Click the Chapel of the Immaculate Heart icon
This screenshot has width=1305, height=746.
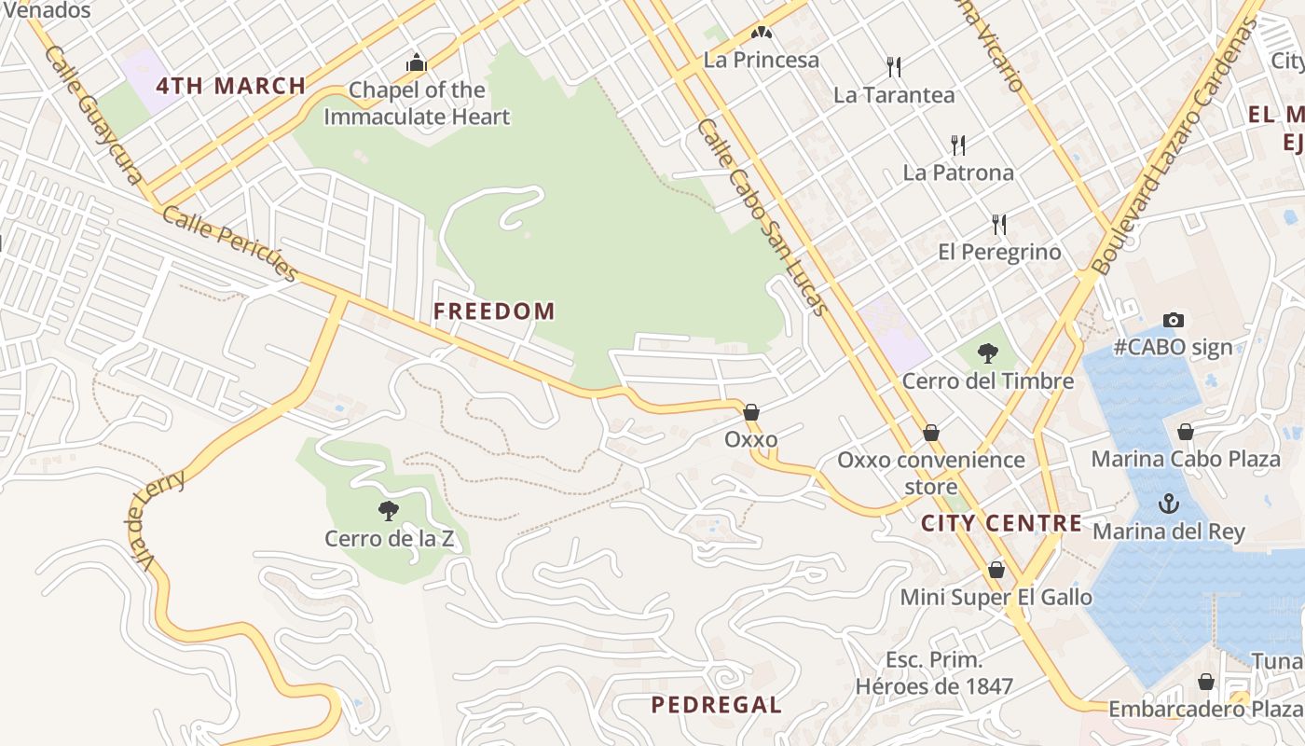coord(416,63)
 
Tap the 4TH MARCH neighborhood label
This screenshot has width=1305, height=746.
coord(231,86)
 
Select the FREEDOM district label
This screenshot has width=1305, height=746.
coord(494,311)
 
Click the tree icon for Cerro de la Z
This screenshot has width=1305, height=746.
coord(389,510)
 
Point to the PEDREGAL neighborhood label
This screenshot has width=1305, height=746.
coord(716,705)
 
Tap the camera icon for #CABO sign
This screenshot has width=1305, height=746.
coord(1174,320)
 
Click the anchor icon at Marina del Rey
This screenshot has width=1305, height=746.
coord(1168,504)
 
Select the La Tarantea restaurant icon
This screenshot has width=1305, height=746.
coord(894,66)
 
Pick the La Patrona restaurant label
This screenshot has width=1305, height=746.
coord(958,173)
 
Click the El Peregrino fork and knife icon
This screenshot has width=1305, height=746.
coord(999,224)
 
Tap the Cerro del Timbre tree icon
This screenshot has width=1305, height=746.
coord(987,353)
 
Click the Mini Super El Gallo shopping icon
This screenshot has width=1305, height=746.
coord(996,569)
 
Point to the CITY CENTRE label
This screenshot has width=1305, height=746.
coord(1002,523)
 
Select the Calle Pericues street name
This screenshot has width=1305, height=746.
coord(229,243)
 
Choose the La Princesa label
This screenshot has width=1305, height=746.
coord(762,60)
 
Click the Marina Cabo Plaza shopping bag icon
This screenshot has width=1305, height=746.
coord(1186,432)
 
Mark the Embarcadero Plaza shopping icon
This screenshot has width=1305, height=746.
coord(1206,682)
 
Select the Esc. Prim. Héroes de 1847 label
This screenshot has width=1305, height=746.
coord(934,673)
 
